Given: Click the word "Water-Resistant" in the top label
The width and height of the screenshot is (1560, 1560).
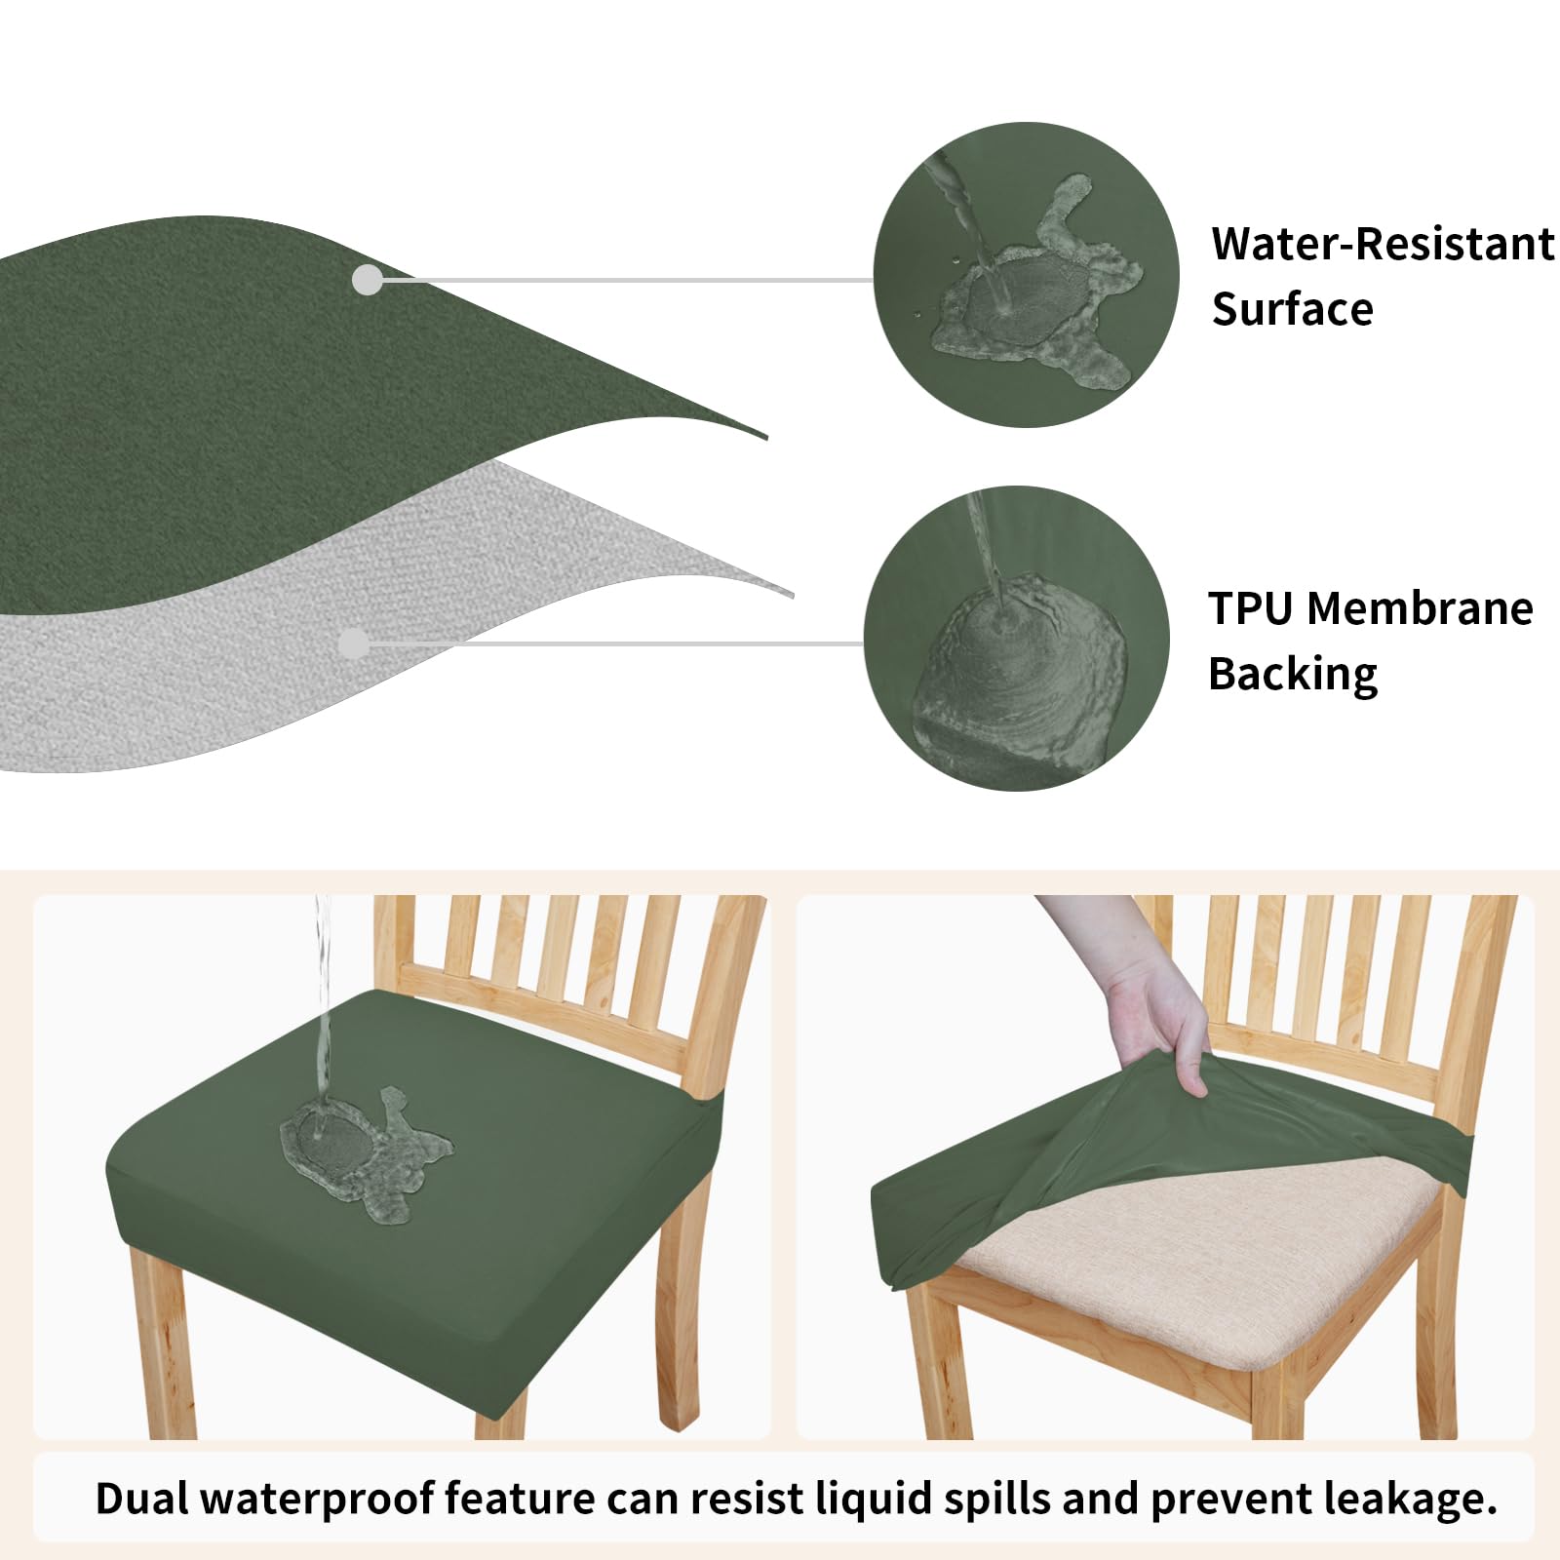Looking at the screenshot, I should [1382, 244].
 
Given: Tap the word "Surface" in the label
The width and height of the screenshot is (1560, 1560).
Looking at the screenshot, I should [1292, 309].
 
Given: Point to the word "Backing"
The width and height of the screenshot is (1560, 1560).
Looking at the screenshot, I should [1292, 675].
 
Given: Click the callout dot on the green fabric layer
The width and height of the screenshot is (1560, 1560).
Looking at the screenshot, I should [367, 281].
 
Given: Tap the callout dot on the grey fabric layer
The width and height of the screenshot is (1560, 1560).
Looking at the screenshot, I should [353, 643].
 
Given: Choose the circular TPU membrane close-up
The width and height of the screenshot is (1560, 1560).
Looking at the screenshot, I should [1016, 639].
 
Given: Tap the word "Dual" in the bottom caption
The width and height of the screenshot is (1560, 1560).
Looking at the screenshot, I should [141, 1499].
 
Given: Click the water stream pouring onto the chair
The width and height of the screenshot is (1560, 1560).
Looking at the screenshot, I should [323, 994].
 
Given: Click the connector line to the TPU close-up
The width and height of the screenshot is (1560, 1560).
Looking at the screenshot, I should [614, 643].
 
